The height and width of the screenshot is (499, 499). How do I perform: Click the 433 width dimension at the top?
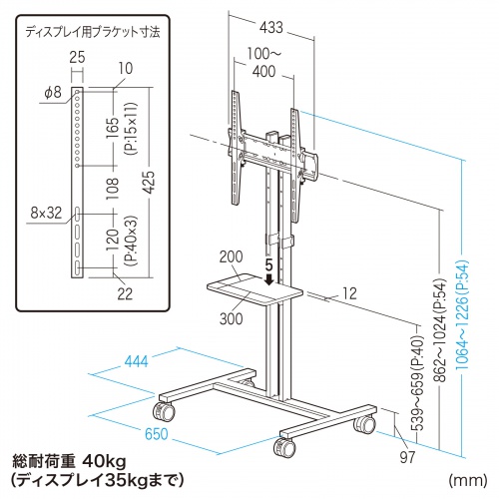[271, 27]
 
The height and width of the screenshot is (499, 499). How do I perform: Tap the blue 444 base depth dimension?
[136, 361]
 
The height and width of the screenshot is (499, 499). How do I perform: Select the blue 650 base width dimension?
[157, 434]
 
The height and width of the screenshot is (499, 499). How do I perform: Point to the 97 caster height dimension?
[407, 457]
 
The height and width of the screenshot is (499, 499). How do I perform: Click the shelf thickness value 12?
[349, 293]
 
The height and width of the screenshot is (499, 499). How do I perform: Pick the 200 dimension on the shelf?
[232, 256]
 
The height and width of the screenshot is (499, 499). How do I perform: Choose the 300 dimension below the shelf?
[232, 318]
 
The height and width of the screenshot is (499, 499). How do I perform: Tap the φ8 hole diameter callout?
[53, 92]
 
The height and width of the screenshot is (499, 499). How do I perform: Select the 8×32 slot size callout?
[46, 213]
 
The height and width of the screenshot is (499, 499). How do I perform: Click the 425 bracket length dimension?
[149, 182]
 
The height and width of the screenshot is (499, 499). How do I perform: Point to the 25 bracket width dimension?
[77, 57]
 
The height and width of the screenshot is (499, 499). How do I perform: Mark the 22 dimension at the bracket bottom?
[125, 293]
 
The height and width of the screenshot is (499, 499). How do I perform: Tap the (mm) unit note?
[468, 480]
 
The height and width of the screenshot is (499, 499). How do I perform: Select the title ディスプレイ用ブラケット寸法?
[93, 32]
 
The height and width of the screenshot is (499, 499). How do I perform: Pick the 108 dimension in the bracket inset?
[112, 189]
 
